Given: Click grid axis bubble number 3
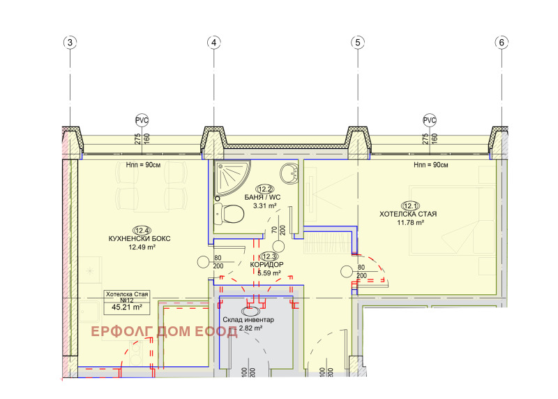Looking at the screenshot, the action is tap(70, 43).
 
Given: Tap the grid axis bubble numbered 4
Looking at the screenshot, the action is tap(214, 43).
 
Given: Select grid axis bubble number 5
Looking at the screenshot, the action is tap(358, 43).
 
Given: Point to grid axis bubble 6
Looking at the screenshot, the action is tap(502, 43).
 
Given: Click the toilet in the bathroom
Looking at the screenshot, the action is tap(229, 214).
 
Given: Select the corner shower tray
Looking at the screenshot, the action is tap(232, 177).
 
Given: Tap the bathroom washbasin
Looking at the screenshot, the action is tap(289, 173).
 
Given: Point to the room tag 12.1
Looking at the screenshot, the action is tap(410, 205).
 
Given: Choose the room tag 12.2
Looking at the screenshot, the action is tap(265, 189).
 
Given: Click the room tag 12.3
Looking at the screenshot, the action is tap(269, 256).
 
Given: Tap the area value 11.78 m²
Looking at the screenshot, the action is tap(410, 223).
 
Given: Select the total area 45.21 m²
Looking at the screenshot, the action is tap(127, 307).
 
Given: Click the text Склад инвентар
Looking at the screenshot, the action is tap(248, 319).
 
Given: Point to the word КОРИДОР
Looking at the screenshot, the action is tap(267, 265).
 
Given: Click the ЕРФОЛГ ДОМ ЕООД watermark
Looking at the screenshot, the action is tap(164, 332).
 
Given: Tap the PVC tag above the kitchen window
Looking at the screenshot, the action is tap(142, 120).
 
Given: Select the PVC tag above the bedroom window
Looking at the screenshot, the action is tap(430, 120).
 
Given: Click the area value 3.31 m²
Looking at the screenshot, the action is tap(265, 205).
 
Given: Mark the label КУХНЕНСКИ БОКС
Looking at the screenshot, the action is tap(139, 238).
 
